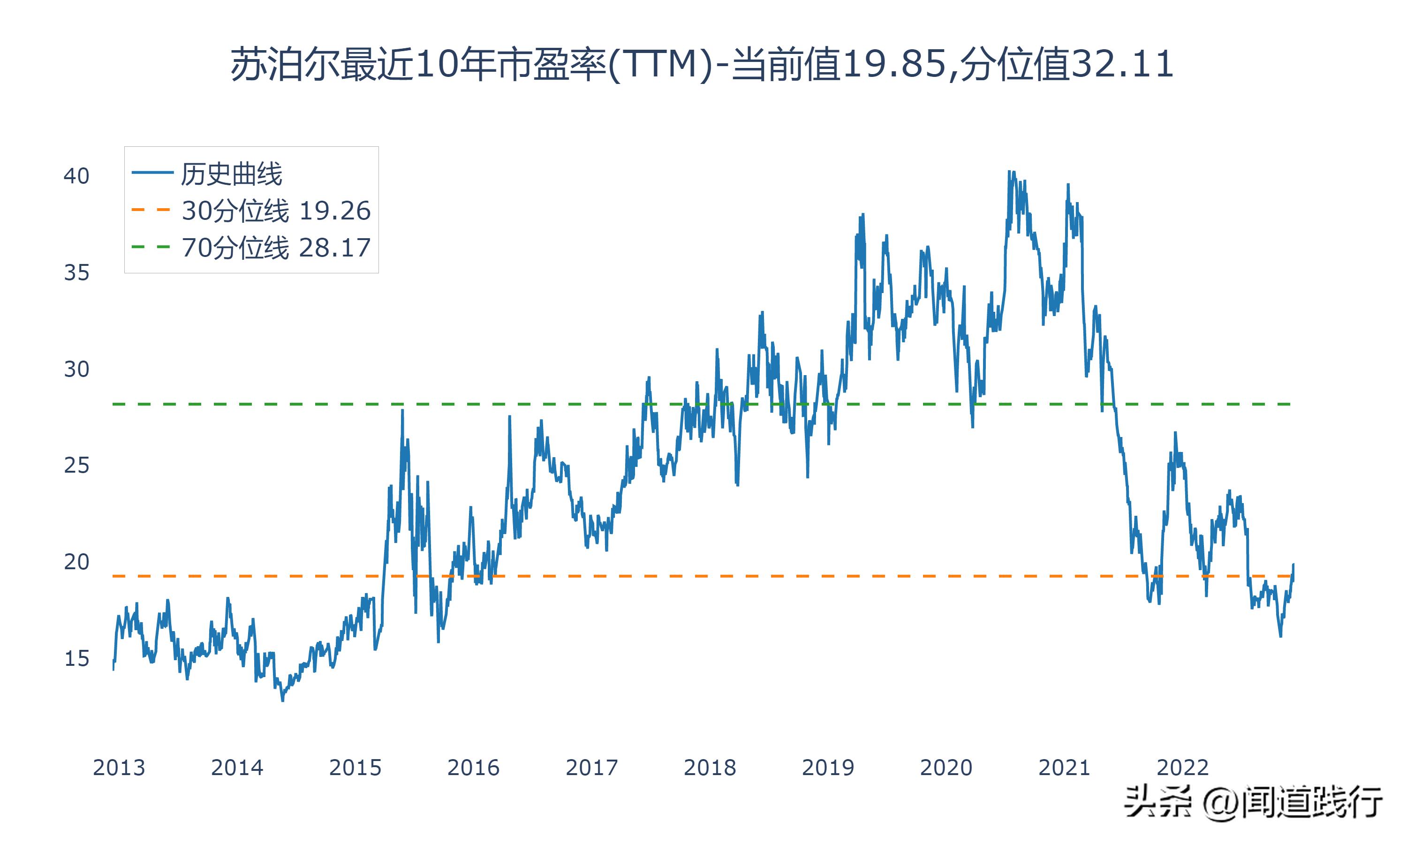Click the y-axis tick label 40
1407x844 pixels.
pyautogui.click(x=76, y=176)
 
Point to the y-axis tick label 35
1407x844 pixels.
pyautogui.click(x=76, y=272)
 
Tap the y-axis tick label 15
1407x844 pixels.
pyautogui.click(x=76, y=659)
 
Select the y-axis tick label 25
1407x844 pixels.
pyautogui.click(x=76, y=465)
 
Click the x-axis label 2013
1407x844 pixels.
pyautogui.click(x=119, y=768)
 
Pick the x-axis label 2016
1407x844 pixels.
pyautogui.click(x=473, y=768)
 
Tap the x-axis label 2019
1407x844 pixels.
pyautogui.click(x=828, y=768)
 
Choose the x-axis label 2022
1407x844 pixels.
pyautogui.click(x=1182, y=768)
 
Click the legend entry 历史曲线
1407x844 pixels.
pyautogui.click(x=232, y=174)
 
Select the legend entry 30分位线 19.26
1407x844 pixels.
pyautogui.click(x=276, y=211)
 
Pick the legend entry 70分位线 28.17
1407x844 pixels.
pyautogui.click(x=276, y=248)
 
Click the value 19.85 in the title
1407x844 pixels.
pyautogui.click(x=893, y=64)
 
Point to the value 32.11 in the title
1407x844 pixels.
pyautogui.click(x=1123, y=64)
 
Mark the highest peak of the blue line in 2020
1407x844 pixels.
pyautogui.click(x=1009, y=171)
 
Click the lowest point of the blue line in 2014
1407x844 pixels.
pyautogui.click(x=283, y=701)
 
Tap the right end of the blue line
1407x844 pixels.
pyautogui.click(x=1293, y=564)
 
